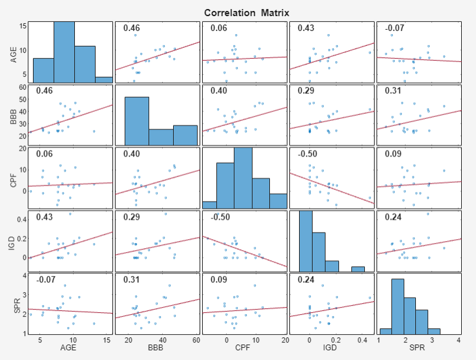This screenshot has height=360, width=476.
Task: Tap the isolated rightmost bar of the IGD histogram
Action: pos(358,269)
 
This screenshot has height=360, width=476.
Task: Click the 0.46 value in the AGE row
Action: pos(132,28)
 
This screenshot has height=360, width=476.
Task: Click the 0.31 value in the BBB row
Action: pos(393,91)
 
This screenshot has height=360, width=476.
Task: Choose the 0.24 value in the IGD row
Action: pos(393,217)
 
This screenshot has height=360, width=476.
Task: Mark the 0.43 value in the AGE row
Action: pos(305,28)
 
